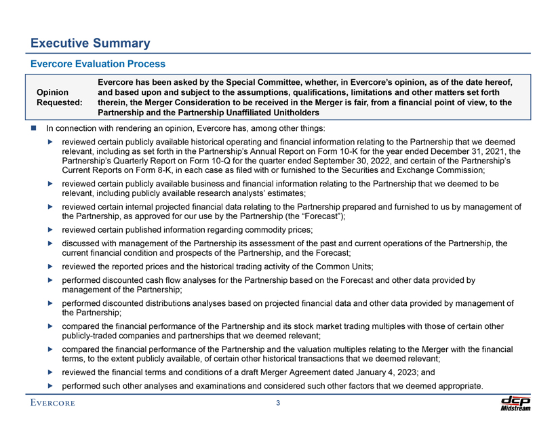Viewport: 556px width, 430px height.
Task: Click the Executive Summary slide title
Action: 90,43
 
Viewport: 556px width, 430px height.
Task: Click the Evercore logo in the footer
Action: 52,405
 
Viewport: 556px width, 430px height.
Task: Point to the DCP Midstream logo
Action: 515,403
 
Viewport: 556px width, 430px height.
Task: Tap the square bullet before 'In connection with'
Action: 33,128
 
